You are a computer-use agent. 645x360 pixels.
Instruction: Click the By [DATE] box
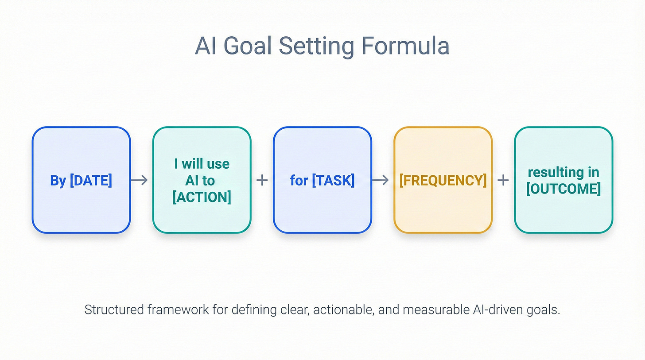click(x=81, y=180)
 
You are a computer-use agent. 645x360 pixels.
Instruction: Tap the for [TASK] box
click(x=322, y=180)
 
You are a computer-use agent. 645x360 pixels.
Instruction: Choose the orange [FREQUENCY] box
click(x=443, y=180)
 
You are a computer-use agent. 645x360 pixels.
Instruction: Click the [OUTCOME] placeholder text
click(x=563, y=189)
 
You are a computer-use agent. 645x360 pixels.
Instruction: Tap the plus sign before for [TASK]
click(x=262, y=180)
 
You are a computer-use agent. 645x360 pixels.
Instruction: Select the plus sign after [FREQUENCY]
click(x=503, y=180)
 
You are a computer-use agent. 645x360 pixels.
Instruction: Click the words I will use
click(x=202, y=164)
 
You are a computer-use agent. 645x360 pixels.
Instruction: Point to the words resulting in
click(x=563, y=172)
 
